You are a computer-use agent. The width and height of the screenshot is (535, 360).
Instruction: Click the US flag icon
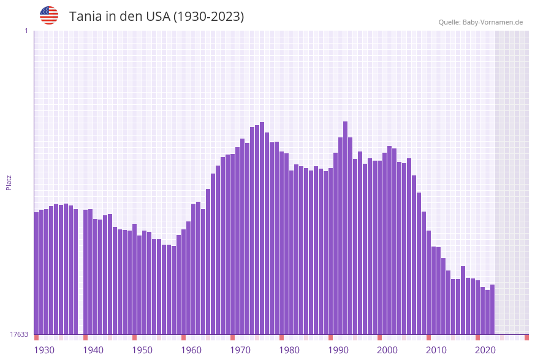(x=49, y=15)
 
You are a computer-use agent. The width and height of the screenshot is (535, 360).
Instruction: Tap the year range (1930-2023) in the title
(x=208, y=17)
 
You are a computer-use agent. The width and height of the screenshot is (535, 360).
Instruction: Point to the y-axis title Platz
(x=9, y=182)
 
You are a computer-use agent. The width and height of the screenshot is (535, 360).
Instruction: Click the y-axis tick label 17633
(x=20, y=334)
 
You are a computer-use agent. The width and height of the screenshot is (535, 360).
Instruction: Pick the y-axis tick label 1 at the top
(x=26, y=31)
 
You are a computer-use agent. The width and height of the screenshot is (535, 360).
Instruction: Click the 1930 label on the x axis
(x=44, y=350)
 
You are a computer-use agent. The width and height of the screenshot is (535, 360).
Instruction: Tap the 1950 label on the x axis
(x=142, y=350)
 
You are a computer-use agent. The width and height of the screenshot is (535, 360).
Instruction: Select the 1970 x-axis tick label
(x=240, y=350)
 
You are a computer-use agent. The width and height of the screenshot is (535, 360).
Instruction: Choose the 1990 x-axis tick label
(x=338, y=350)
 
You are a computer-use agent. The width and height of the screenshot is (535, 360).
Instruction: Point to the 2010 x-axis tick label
(x=436, y=350)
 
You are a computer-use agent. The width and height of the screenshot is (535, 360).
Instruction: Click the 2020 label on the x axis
(x=485, y=350)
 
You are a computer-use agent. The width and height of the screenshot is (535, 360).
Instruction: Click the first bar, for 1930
(x=36, y=273)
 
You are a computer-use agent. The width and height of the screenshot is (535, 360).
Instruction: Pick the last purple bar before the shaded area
(x=492, y=310)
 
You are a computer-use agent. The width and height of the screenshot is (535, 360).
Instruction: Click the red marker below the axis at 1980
(x=281, y=337)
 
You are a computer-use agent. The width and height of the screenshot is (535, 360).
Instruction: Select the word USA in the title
(x=157, y=17)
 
